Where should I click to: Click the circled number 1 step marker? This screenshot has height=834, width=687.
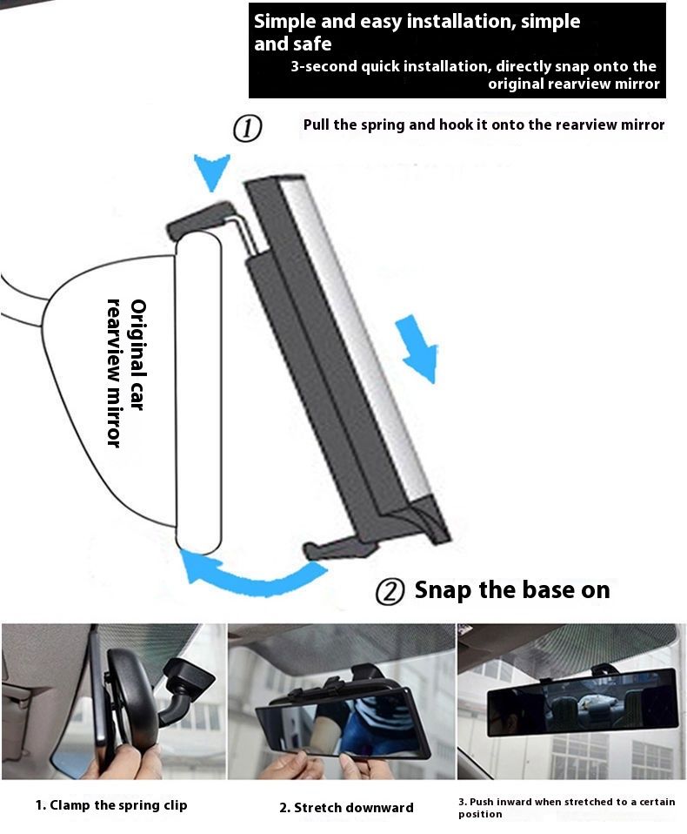(248, 128)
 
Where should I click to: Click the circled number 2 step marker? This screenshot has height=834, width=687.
(390, 591)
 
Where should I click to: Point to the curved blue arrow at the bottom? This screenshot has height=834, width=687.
(250, 577)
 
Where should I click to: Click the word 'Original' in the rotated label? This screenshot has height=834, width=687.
(137, 340)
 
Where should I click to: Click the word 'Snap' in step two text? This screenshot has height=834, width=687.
(442, 590)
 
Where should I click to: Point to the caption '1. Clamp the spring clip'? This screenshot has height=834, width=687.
(111, 805)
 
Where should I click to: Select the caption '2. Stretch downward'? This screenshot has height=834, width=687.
(346, 808)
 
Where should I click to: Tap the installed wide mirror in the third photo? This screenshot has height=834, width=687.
(583, 702)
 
